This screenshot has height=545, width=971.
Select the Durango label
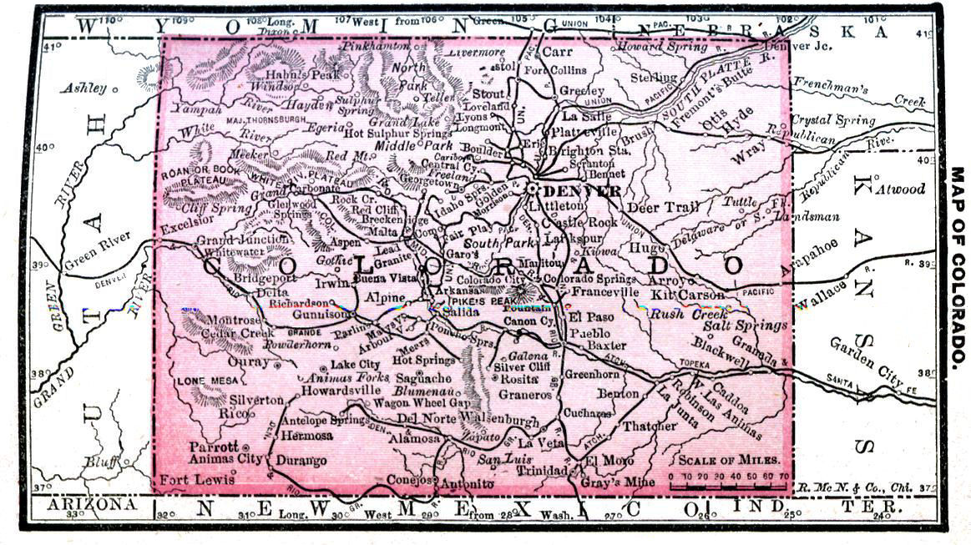click(301, 460)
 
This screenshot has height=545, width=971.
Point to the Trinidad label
click(540, 470)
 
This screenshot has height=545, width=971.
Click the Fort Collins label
click(555, 71)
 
